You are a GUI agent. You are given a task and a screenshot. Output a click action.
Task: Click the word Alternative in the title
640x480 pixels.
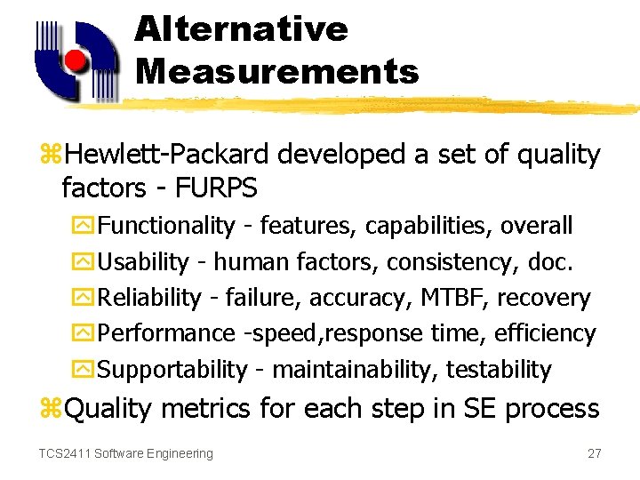[x=241, y=29]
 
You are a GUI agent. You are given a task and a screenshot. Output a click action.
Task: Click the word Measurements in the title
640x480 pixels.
[x=276, y=71]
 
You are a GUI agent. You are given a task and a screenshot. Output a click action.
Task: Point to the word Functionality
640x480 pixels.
[x=166, y=226]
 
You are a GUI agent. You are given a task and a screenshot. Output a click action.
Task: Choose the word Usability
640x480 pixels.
[x=143, y=262]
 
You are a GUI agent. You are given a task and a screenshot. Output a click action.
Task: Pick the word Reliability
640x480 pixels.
[x=149, y=298]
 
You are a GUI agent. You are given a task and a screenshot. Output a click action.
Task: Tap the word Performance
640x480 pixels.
[x=166, y=333]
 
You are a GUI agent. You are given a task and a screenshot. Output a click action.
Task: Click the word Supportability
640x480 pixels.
[x=172, y=369]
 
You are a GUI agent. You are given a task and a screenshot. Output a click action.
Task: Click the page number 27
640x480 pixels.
[x=595, y=453]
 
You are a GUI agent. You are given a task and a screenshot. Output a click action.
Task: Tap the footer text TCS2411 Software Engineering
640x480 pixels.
[x=125, y=453]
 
